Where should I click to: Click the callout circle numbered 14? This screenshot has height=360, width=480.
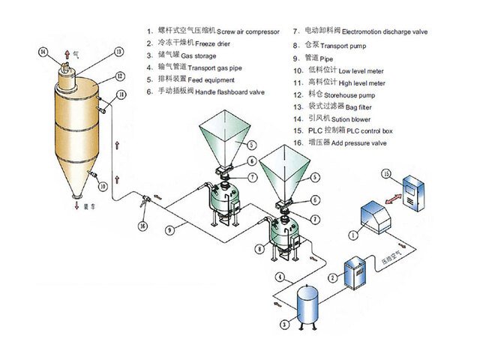(43, 51)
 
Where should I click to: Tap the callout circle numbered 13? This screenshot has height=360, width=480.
(118, 52)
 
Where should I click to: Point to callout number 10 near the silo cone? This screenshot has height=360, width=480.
(103, 184)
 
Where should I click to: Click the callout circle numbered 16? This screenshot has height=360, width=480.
(144, 224)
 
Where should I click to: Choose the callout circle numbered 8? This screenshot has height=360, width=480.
(259, 247)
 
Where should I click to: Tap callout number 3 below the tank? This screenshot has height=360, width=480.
(284, 325)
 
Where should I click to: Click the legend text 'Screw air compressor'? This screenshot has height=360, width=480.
(247, 31)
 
